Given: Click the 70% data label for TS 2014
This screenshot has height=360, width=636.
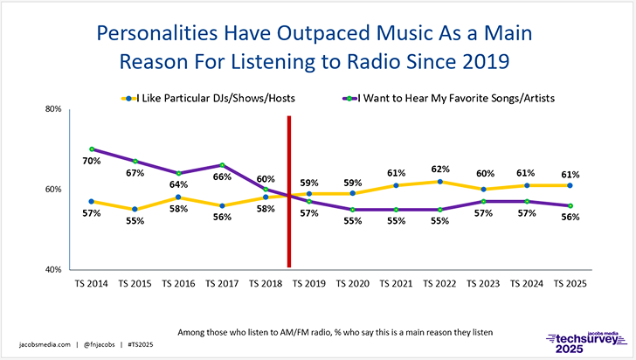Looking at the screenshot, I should point(93,162).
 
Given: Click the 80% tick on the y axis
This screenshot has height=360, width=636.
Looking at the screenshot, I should point(52,109).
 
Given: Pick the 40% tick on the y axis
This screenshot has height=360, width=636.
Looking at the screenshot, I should point(52,269).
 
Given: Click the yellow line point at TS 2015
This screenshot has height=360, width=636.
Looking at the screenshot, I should point(135,209).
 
